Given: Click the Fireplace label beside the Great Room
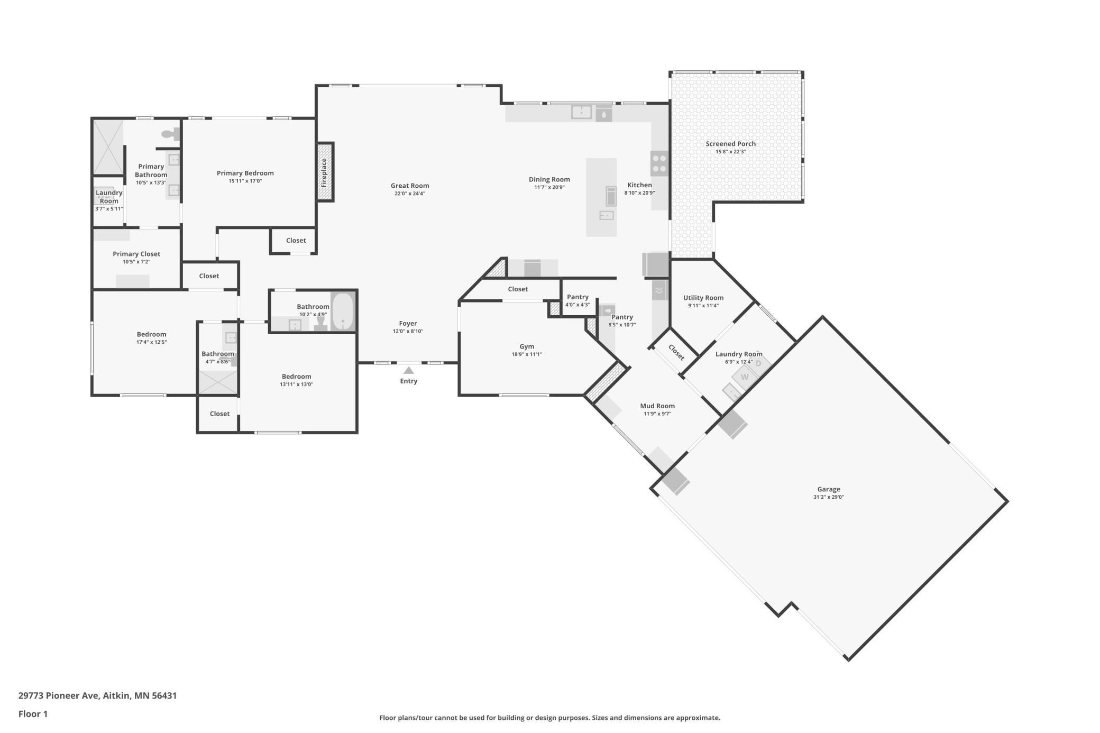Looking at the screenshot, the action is click(x=324, y=172).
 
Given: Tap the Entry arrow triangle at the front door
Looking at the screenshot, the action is click(x=409, y=370).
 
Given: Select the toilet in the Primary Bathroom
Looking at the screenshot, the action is click(x=170, y=135).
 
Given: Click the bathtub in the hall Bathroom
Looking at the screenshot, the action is click(x=343, y=311).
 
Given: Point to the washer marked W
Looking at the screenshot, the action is click(x=745, y=377).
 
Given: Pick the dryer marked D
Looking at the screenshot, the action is click(x=758, y=363).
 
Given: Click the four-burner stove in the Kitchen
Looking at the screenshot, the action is click(x=659, y=163).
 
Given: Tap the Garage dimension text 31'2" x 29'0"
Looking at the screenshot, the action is click(x=829, y=497).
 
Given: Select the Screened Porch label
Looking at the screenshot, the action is click(x=731, y=144).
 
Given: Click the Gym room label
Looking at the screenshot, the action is click(x=527, y=347).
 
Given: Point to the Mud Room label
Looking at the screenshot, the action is click(x=657, y=406).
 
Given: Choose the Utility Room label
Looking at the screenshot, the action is click(x=703, y=298).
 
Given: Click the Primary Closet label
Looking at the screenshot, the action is click(x=136, y=254).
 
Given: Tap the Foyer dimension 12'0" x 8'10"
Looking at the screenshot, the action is click(x=408, y=332).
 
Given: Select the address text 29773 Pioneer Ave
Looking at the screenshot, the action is click(x=59, y=695).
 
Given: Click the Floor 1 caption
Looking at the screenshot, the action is click(x=33, y=714).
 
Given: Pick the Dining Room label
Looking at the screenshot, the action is click(x=549, y=179).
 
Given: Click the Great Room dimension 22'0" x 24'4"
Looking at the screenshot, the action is click(x=410, y=194).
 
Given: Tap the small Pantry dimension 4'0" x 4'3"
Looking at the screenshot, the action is click(x=577, y=305).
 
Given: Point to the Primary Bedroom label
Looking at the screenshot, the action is click(x=245, y=173).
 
